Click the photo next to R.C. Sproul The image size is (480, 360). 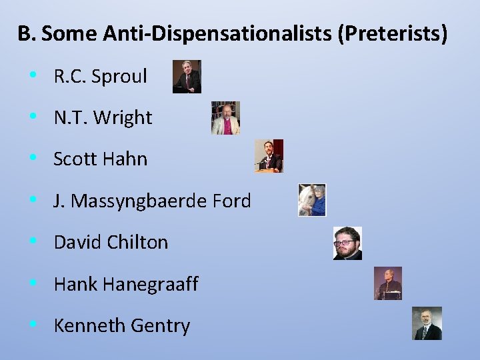click(x=187, y=77)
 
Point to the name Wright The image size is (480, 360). click(x=123, y=118)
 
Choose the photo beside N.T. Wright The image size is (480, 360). click(x=225, y=118)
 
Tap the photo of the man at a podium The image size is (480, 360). click(x=269, y=156)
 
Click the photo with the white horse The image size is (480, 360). click(x=312, y=200)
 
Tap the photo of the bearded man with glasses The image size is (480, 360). click(x=347, y=243)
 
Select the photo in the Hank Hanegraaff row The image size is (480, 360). click(x=388, y=283)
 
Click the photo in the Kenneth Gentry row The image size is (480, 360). click(x=427, y=323)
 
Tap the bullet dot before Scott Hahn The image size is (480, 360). click(x=33, y=158)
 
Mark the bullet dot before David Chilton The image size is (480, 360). click(x=33, y=241)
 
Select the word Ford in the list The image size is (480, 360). click(x=230, y=201)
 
